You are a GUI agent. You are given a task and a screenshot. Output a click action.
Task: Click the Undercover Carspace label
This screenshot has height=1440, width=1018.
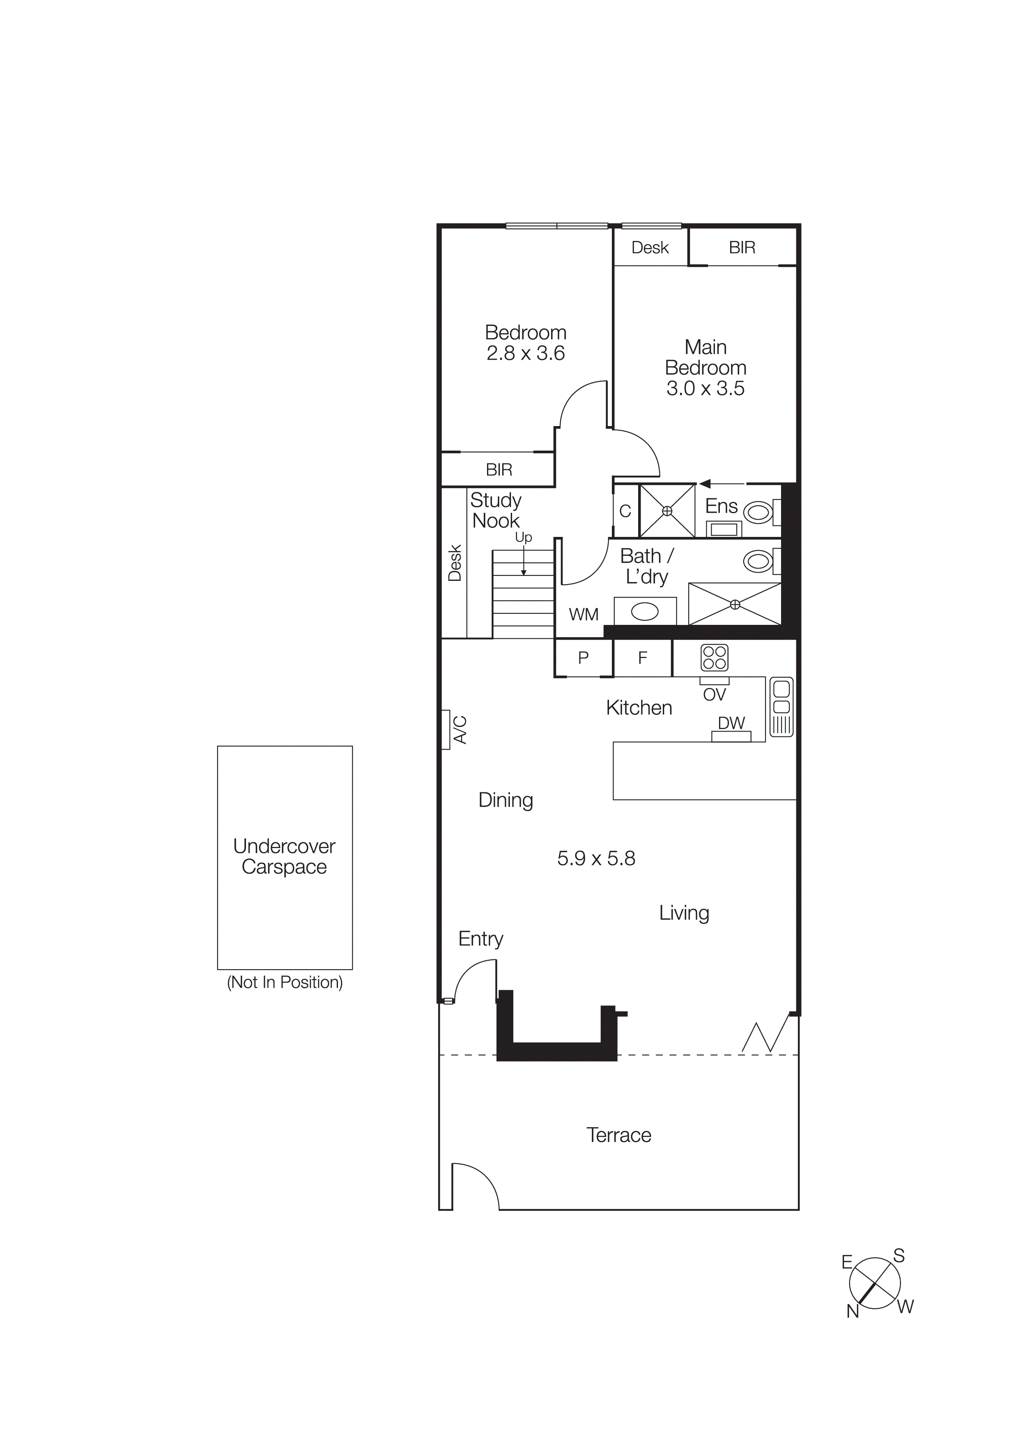pyautogui.click(x=284, y=856)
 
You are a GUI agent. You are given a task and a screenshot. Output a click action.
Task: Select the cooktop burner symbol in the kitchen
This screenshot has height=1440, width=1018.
pyautogui.click(x=715, y=658)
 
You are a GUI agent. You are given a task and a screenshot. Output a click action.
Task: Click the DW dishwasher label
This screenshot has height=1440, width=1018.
pyautogui.click(x=731, y=723)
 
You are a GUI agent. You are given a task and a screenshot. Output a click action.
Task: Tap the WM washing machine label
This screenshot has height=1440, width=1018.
pyautogui.click(x=583, y=615)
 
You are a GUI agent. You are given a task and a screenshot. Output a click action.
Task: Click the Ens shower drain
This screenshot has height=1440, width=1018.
pyautogui.click(x=667, y=511)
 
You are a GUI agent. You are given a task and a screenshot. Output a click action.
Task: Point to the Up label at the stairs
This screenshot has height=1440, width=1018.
pyautogui.click(x=523, y=537)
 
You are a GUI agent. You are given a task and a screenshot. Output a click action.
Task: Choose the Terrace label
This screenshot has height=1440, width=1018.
pyautogui.click(x=618, y=1135)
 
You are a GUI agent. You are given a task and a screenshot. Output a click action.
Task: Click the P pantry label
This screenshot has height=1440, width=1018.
pyautogui.click(x=583, y=658)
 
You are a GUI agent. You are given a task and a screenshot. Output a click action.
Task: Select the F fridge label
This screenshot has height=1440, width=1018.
pyautogui.click(x=642, y=658)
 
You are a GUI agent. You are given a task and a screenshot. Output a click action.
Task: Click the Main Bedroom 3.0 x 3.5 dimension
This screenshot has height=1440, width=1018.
pyautogui.click(x=705, y=388)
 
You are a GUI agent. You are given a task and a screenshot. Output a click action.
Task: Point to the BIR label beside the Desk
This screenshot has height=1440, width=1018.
pyautogui.click(x=742, y=248)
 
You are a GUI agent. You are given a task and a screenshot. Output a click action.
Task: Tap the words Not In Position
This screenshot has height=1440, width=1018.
pyautogui.click(x=285, y=982)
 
